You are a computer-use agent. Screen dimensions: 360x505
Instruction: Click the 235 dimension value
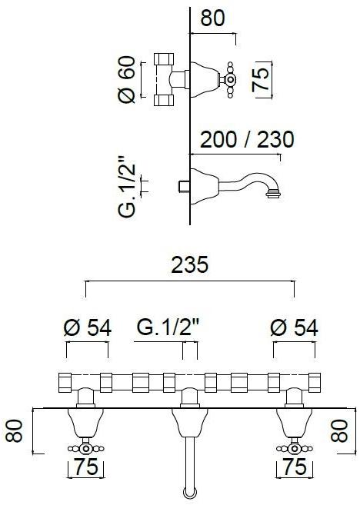pyautogui.click(x=190, y=264)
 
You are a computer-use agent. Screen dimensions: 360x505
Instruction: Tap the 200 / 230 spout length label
pyautogui.click(x=247, y=139)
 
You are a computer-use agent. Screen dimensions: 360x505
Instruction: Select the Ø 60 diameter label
pyautogui.click(x=126, y=79)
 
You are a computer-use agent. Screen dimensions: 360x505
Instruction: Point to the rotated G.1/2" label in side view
pyautogui.click(x=126, y=187)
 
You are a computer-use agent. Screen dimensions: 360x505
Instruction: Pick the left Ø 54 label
pyautogui.click(x=88, y=328)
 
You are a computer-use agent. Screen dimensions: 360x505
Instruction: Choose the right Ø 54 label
pyautogui.click(x=295, y=328)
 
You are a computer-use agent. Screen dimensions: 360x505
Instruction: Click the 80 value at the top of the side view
pyautogui.click(x=212, y=18)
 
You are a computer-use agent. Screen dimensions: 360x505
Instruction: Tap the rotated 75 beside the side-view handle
pyautogui.click(x=260, y=79)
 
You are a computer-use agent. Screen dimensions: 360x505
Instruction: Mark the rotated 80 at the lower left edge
pyautogui.click(x=15, y=431)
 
